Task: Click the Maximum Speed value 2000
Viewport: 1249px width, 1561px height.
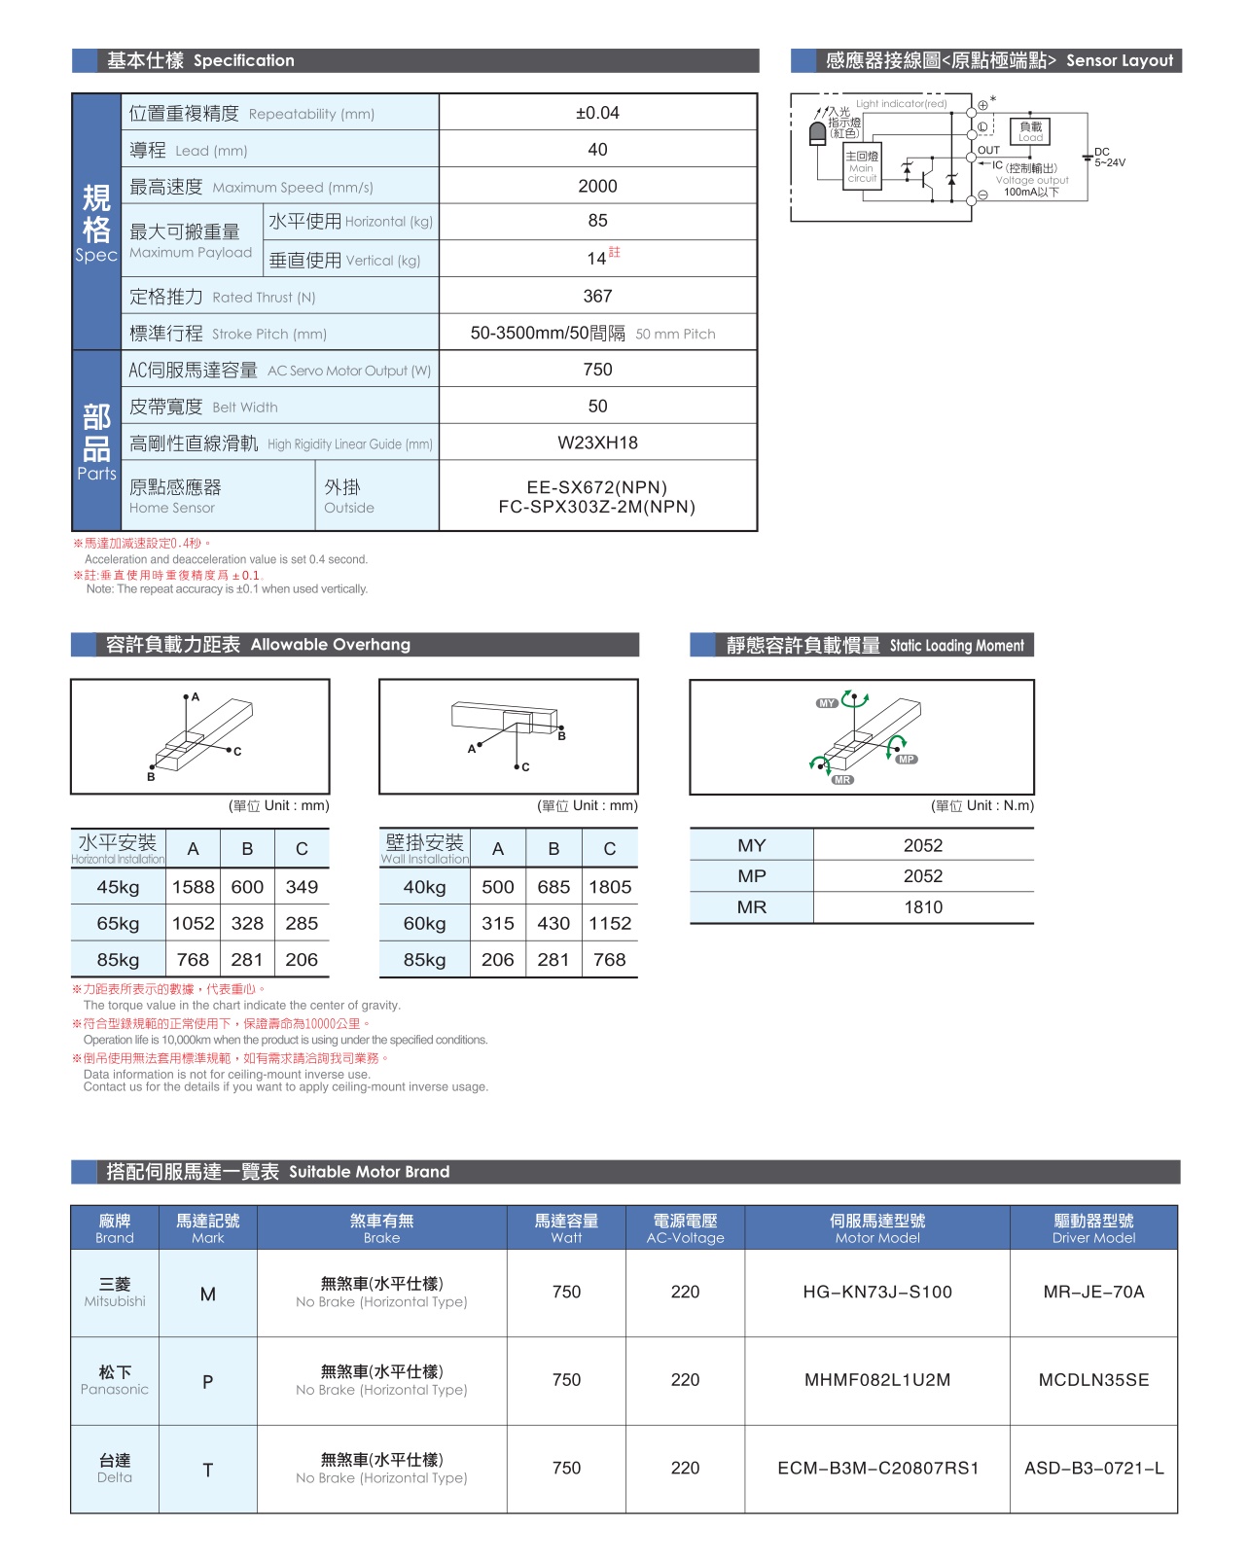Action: tap(597, 186)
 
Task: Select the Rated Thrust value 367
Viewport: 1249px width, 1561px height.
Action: tap(597, 296)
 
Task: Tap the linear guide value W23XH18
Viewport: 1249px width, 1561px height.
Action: tap(597, 443)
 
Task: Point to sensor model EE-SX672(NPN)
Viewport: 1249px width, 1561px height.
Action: tap(596, 487)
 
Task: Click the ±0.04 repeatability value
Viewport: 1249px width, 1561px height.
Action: tap(597, 113)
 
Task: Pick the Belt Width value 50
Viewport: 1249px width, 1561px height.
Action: tap(597, 406)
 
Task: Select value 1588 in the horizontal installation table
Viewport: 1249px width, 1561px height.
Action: tap(193, 887)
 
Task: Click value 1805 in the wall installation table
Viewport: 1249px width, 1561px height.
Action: tap(610, 887)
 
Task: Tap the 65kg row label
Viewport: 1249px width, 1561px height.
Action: tap(118, 923)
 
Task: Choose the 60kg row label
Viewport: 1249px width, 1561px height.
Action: tap(424, 923)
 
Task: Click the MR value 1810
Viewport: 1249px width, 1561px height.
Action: tap(922, 907)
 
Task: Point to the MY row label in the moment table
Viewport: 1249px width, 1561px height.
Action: tap(751, 845)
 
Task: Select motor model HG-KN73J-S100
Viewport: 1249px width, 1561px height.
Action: tap(876, 1292)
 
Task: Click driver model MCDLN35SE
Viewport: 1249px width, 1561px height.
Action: tap(1093, 1380)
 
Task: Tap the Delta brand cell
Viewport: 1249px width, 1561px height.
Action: tap(115, 1469)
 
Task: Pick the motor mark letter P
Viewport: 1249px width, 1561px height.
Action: tap(207, 1381)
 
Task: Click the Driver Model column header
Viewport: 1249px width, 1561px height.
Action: tap(1093, 1228)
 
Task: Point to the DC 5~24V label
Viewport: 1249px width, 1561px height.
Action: tap(1109, 158)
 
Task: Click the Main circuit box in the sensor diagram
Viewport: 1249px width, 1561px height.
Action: tap(862, 167)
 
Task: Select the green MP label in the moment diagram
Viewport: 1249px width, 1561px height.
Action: tap(907, 760)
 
